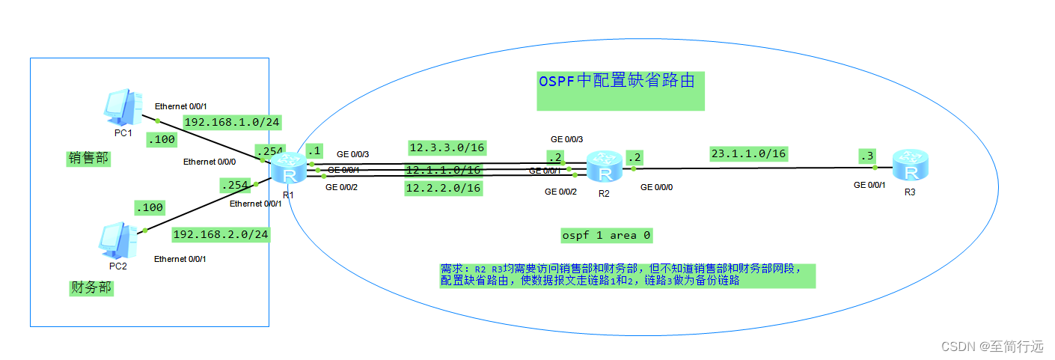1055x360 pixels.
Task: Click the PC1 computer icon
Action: point(122,107)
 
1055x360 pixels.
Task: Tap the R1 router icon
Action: point(287,169)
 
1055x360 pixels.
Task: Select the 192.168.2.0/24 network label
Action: point(221,234)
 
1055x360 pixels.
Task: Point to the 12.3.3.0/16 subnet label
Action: point(447,147)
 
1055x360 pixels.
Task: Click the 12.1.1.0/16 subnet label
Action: point(443,170)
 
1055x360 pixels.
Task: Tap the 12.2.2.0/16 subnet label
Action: point(443,188)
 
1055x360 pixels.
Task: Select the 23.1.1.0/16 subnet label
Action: point(748,153)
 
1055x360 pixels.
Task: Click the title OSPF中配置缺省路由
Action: point(620,81)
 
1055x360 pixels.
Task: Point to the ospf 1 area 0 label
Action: point(606,235)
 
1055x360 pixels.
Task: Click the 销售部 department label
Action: point(88,158)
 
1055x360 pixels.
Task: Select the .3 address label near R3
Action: point(867,156)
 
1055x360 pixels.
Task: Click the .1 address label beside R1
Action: point(314,150)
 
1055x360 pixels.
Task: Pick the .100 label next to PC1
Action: point(161,138)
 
